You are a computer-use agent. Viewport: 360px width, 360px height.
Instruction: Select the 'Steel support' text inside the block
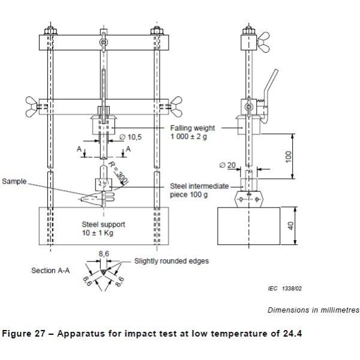coord(103,224)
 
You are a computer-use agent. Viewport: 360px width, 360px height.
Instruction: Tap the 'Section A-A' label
coord(50,271)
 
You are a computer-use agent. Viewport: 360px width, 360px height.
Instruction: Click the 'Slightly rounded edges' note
coord(172,261)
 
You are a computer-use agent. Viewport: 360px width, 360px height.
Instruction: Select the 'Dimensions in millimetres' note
coord(313,310)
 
